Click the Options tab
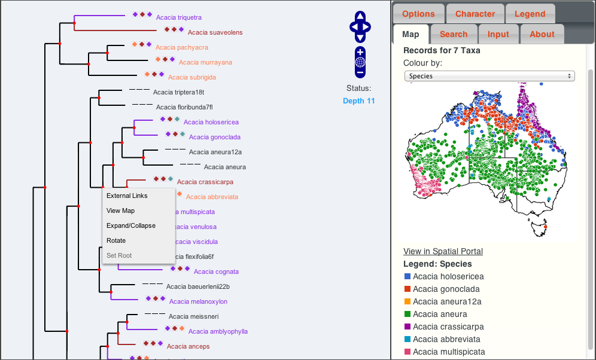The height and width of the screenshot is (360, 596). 418,14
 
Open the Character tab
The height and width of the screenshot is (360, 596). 475,14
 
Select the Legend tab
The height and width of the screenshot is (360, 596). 530,14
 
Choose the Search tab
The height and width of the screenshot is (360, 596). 454,34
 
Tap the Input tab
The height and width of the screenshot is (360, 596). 498,34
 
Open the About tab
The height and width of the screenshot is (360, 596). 542,34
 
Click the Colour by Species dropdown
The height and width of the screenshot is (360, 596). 489,76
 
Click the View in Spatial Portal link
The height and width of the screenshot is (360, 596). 443,251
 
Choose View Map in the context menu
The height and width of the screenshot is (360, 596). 120,210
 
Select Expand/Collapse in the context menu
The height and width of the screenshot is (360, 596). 130,225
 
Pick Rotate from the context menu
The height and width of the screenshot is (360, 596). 116,240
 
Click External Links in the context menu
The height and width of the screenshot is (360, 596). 127,196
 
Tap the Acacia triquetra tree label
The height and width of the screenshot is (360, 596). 179,17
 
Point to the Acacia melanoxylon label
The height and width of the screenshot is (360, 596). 198,301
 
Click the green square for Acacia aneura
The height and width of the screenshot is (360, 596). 408,314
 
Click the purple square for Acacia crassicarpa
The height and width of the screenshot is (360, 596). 408,327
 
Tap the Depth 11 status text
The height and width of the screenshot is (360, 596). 359,100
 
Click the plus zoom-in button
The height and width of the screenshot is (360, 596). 360,51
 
